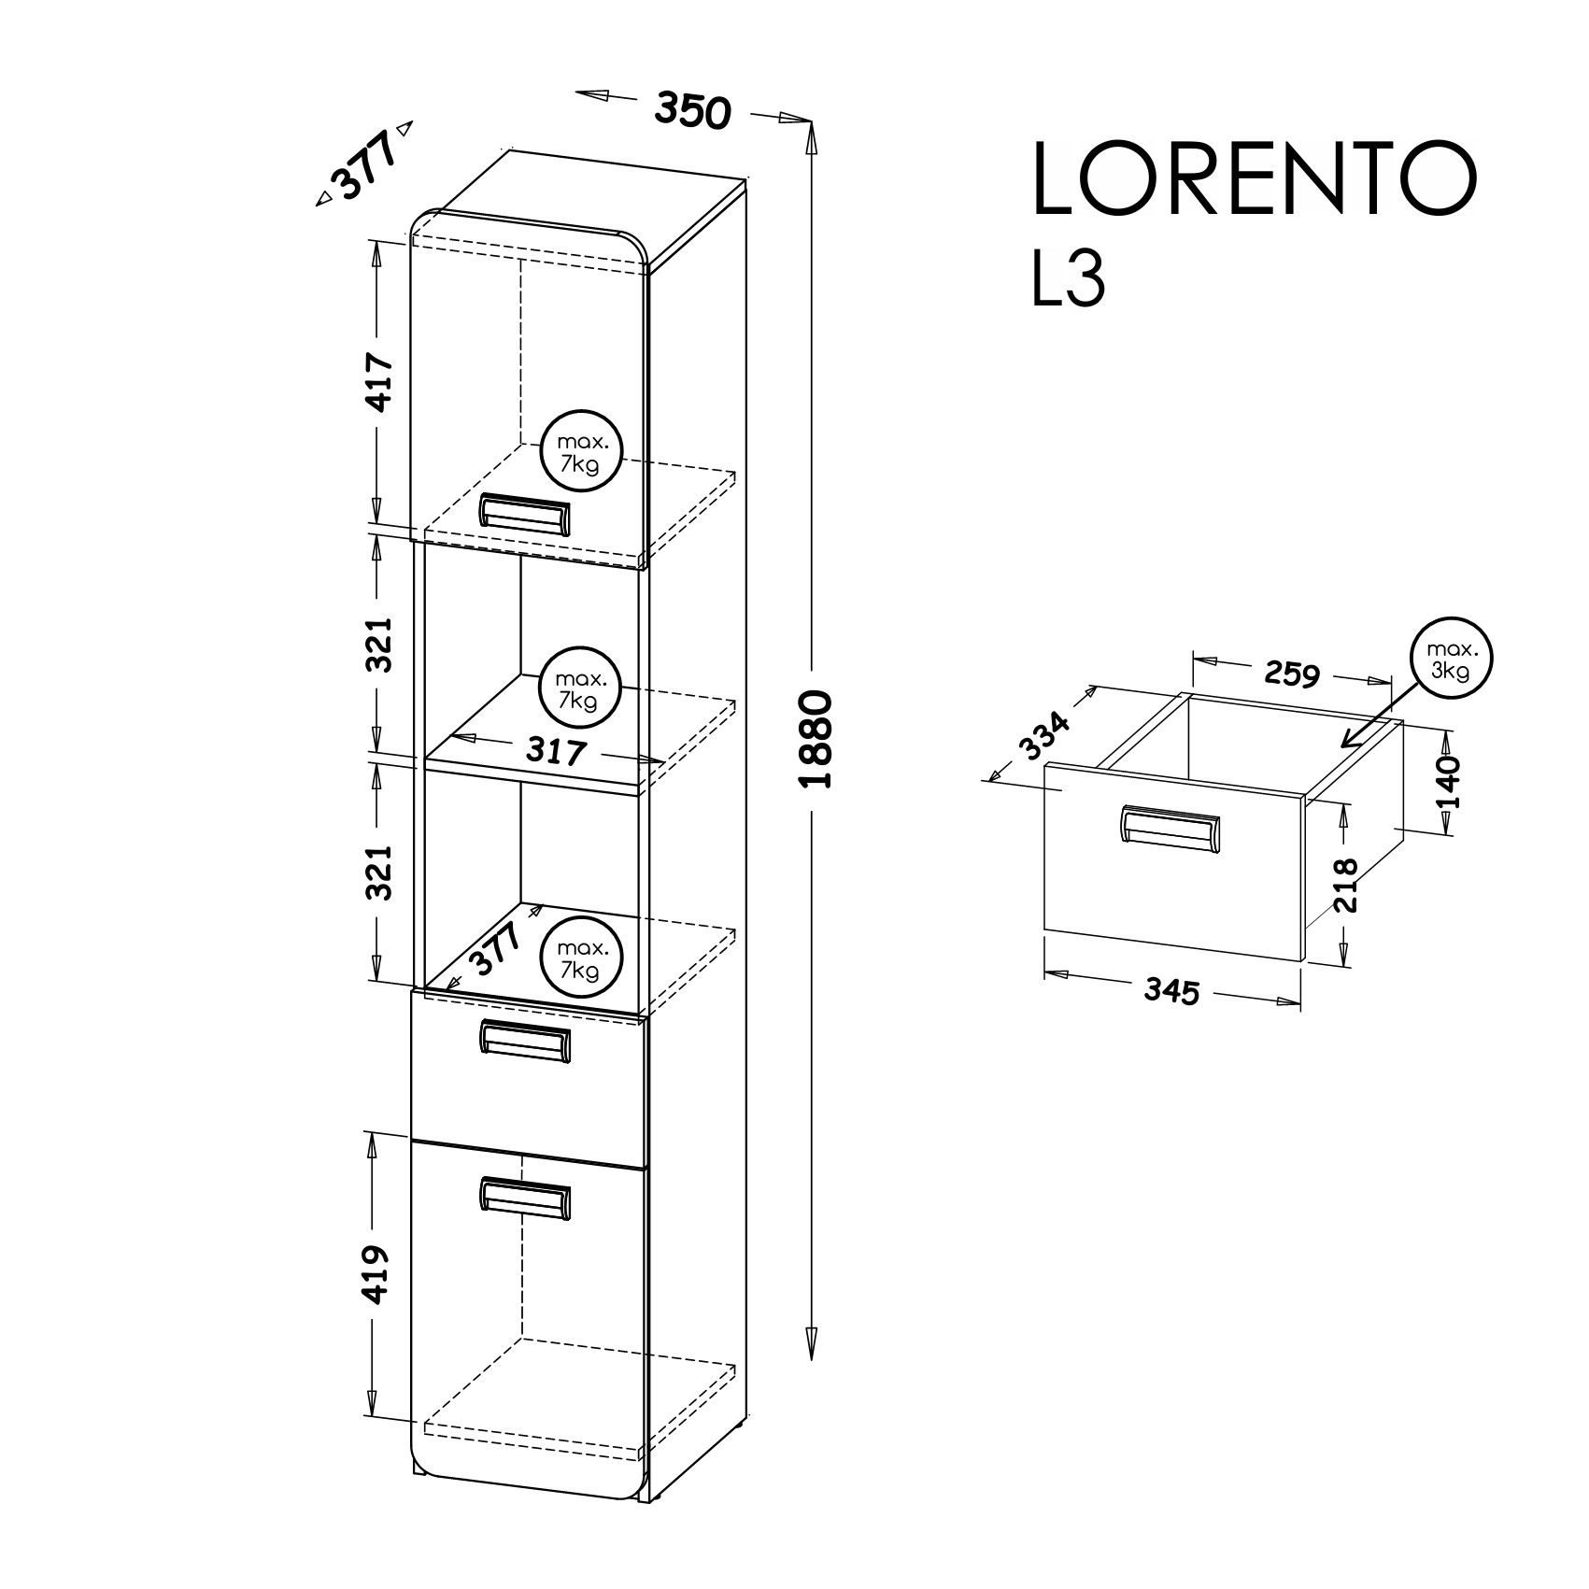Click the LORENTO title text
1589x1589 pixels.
coord(1255,180)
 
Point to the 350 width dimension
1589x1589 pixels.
coord(690,109)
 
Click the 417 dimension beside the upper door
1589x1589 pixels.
coord(378,381)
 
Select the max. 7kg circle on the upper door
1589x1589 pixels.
coord(580,450)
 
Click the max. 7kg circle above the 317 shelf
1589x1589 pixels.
coord(580,688)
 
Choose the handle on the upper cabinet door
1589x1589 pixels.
coord(523,515)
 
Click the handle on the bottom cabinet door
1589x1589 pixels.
coord(523,1199)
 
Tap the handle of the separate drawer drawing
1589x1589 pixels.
coord(1169,828)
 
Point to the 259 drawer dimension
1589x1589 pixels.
coord(1291,672)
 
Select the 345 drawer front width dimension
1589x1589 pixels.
coord(1170,991)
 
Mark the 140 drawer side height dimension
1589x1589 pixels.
coord(1446,782)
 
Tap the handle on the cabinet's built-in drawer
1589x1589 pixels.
coord(523,1041)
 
